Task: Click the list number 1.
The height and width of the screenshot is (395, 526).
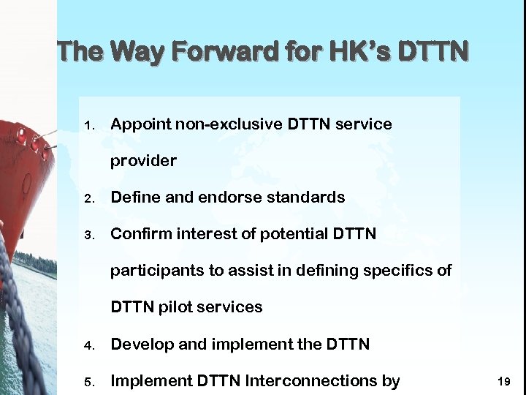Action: click(88, 125)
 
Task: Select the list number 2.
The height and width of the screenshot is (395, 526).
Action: click(88, 198)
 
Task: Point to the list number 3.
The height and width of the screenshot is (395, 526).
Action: click(88, 235)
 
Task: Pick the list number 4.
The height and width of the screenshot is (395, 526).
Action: click(88, 345)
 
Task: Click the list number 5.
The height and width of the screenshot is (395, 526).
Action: click(88, 381)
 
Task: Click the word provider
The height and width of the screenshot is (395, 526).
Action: click(143, 161)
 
